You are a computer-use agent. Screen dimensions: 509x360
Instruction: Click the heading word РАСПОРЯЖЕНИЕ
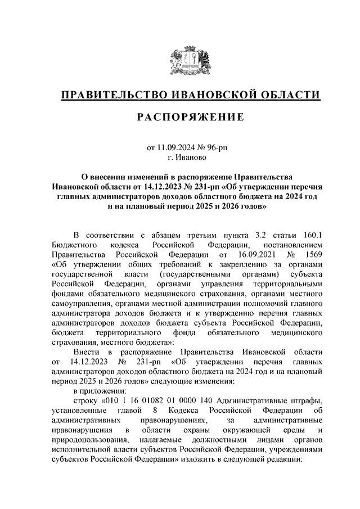(x=191, y=118)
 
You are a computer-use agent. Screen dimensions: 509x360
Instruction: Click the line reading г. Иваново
(x=191, y=159)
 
